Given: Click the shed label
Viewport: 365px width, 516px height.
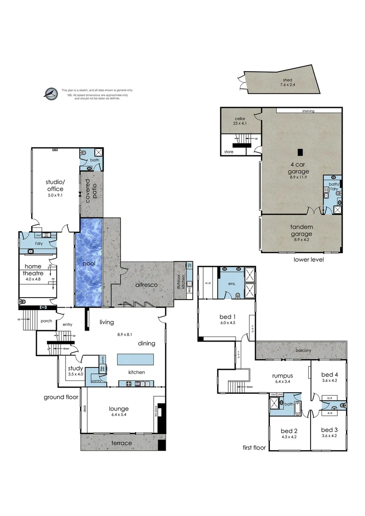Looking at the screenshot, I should pyautogui.click(x=287, y=80).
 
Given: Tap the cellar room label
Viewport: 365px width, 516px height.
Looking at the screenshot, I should pyautogui.click(x=240, y=118).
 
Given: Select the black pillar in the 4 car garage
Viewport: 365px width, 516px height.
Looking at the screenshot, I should pyautogui.click(x=300, y=152).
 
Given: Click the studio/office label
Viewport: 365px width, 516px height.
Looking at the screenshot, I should pyautogui.click(x=54, y=185).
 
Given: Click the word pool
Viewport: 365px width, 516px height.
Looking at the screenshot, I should pyautogui.click(x=88, y=263).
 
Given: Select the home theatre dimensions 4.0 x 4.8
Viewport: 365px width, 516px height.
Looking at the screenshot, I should pyautogui.click(x=37, y=279).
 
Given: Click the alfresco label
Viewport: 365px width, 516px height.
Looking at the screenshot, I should pyautogui.click(x=146, y=285).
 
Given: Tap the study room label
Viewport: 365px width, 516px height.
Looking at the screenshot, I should pyautogui.click(x=75, y=368).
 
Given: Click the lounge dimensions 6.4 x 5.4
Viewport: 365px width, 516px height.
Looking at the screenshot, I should pyautogui.click(x=118, y=415).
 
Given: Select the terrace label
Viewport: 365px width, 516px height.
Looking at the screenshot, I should pyautogui.click(x=121, y=443).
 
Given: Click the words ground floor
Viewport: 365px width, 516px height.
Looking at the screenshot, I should pyautogui.click(x=61, y=397).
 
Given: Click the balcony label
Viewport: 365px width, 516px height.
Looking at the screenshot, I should pyautogui.click(x=303, y=351).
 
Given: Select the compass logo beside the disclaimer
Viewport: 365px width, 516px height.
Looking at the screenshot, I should pyautogui.click(x=50, y=94).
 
